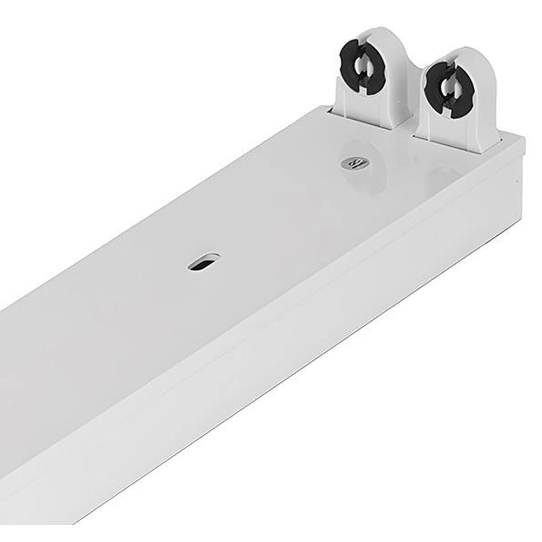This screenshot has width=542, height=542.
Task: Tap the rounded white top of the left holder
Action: [374, 35]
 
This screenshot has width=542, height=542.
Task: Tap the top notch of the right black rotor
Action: [444, 68]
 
